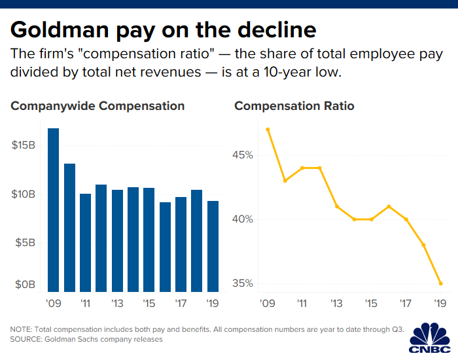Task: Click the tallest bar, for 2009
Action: coord(53,209)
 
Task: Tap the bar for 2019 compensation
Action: coord(213,245)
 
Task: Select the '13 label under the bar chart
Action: coord(118,304)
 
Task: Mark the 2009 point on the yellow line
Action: coord(268,130)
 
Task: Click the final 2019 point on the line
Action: coord(440,283)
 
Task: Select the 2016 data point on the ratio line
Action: coord(389,206)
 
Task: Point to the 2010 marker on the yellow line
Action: coord(285,181)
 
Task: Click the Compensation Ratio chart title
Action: coord(294,106)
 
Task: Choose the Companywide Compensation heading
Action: coord(97,106)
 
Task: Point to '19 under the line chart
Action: coord(440,304)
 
